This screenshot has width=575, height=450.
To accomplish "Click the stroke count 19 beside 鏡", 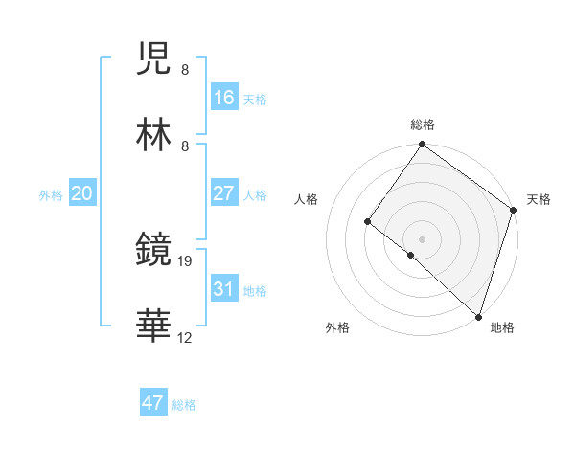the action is [186, 259].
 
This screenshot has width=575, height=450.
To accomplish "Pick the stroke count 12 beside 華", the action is [186, 337].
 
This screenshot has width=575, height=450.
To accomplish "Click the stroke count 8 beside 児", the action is [184, 69].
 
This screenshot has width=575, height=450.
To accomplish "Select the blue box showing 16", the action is [223, 98].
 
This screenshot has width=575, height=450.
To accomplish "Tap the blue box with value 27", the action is [223, 193].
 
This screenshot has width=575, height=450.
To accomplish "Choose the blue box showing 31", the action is [223, 289].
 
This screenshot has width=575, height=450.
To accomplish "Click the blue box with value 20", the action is [81, 193].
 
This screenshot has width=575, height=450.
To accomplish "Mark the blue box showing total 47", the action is [153, 403].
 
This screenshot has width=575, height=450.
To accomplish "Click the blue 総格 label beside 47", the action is [184, 405].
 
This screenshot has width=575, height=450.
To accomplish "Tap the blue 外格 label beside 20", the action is [51, 195].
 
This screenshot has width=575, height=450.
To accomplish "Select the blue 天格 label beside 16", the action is [255, 100].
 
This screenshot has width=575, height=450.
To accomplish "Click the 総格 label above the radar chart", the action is [422, 124].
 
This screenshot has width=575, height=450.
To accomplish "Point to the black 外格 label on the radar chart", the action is [337, 327].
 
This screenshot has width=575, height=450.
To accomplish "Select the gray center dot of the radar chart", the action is [422, 238].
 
